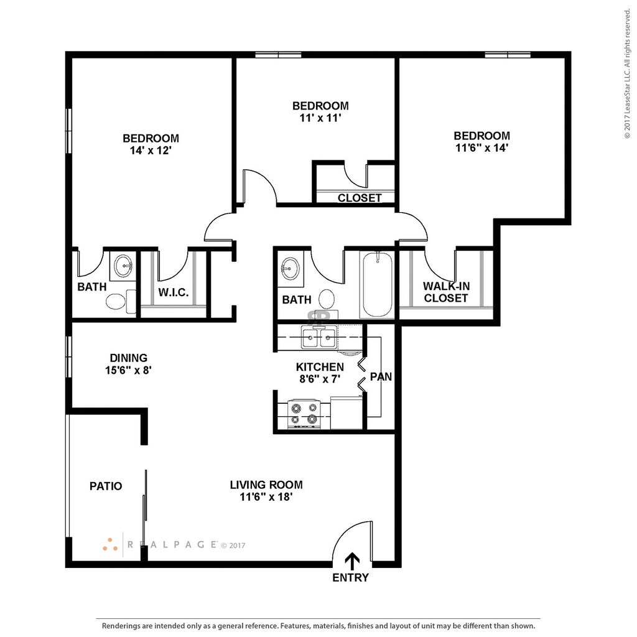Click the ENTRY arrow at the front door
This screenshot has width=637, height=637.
(x=352, y=562)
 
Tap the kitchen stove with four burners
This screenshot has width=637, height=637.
(x=304, y=414)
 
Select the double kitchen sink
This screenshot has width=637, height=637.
(x=319, y=337)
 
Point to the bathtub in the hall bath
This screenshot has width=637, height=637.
(x=378, y=284)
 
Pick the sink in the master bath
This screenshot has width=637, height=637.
(x=123, y=266)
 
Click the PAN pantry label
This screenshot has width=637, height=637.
(x=381, y=377)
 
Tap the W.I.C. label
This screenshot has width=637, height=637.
(x=174, y=292)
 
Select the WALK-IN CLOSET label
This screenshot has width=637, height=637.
(x=446, y=292)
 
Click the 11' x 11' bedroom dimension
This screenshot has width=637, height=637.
(x=320, y=118)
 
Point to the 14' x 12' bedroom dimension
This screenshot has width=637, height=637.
(x=151, y=151)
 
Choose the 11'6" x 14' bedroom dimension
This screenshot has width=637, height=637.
(x=482, y=148)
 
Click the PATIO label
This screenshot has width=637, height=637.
(x=106, y=486)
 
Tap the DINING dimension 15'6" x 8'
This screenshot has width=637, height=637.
(x=128, y=371)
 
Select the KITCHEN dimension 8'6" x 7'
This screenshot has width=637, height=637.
(x=320, y=379)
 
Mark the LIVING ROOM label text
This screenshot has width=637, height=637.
(x=266, y=485)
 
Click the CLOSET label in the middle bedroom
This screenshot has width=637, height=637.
(x=360, y=198)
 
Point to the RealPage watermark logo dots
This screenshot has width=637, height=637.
(x=110, y=545)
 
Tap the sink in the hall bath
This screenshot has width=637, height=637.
(x=291, y=269)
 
